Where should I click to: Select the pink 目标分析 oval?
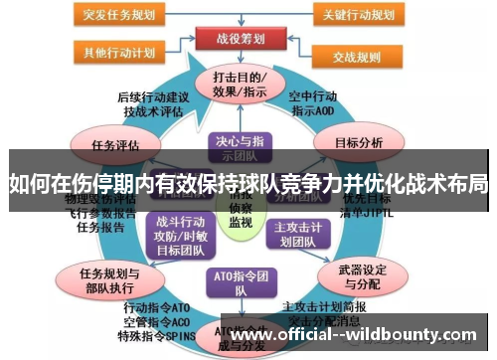pos(358,142)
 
